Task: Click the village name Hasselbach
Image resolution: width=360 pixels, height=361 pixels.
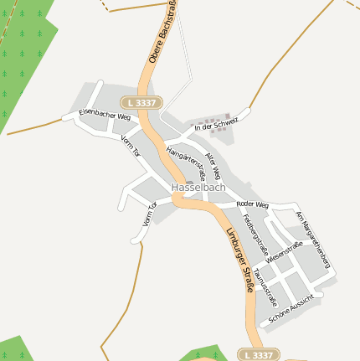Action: (198, 188)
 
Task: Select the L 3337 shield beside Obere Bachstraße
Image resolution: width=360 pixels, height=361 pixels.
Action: (144, 102)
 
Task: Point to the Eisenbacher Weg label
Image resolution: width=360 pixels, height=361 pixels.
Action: (105, 114)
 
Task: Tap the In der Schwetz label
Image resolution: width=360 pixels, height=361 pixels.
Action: (216, 125)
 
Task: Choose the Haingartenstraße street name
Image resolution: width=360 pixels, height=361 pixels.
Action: (187, 159)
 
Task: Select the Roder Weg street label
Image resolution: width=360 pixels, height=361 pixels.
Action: (252, 204)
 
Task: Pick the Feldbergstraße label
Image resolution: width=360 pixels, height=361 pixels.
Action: (254, 235)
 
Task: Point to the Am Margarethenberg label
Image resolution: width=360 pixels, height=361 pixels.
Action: (313, 240)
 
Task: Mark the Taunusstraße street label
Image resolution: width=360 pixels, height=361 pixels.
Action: (265, 286)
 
